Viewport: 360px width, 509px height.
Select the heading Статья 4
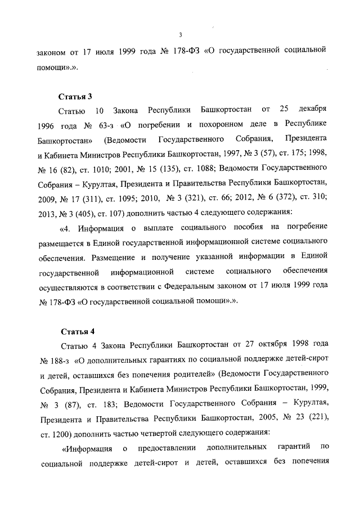[x=75, y=329]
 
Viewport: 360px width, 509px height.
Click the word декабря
[x=310, y=108]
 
